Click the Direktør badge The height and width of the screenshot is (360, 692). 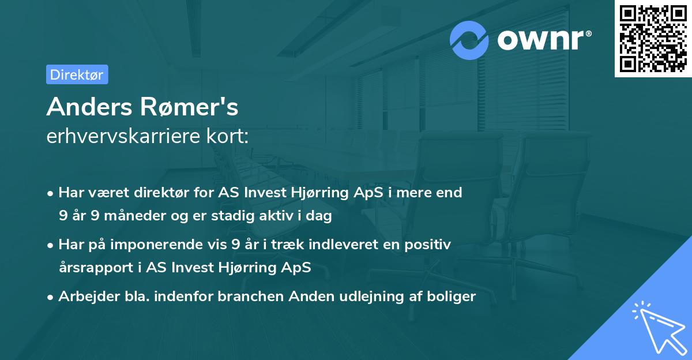[x=77, y=74]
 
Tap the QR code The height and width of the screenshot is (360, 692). [x=653, y=38]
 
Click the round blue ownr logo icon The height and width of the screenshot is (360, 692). [x=470, y=40]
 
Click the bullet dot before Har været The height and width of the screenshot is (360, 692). [x=51, y=193]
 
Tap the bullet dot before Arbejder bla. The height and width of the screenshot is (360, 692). [x=51, y=297]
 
